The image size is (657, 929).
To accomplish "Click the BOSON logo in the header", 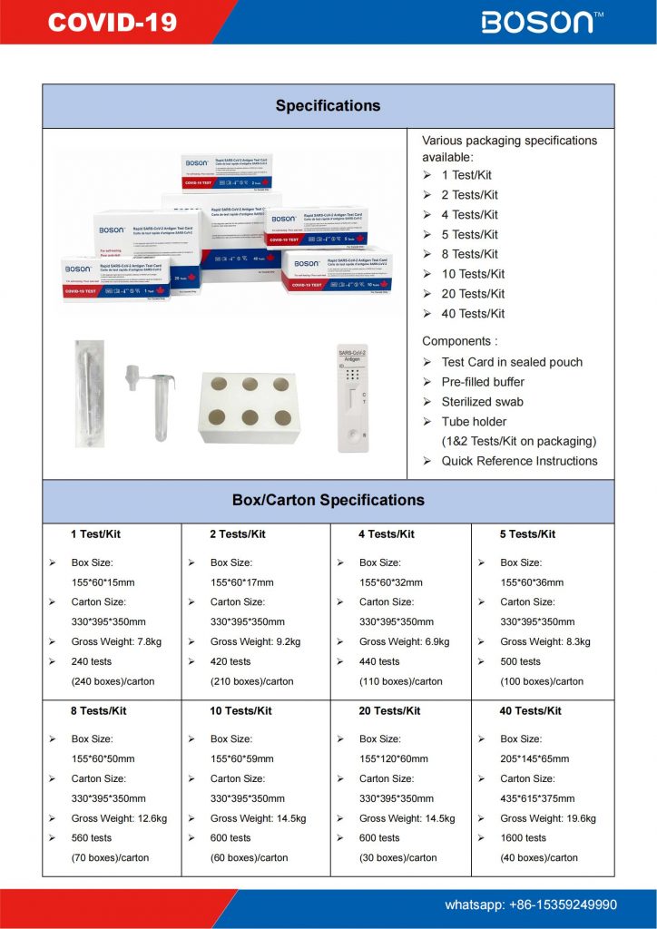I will (x=542, y=22).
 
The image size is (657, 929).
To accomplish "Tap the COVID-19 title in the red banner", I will (x=112, y=23).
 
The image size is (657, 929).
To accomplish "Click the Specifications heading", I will (x=328, y=106).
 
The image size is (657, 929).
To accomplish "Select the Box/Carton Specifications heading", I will (x=328, y=500).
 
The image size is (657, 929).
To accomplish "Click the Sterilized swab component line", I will (x=482, y=402).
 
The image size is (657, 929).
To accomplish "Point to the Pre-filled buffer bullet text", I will (x=483, y=382).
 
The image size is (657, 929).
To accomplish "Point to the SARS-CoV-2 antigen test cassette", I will (x=352, y=399).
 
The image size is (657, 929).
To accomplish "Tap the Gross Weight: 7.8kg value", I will (x=117, y=641).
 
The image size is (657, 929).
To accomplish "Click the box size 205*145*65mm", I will (x=534, y=758).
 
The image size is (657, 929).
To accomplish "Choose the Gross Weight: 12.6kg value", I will (x=119, y=818).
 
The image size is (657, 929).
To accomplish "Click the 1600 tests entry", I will (x=523, y=838).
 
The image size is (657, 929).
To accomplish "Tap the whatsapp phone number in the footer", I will (x=531, y=905).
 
